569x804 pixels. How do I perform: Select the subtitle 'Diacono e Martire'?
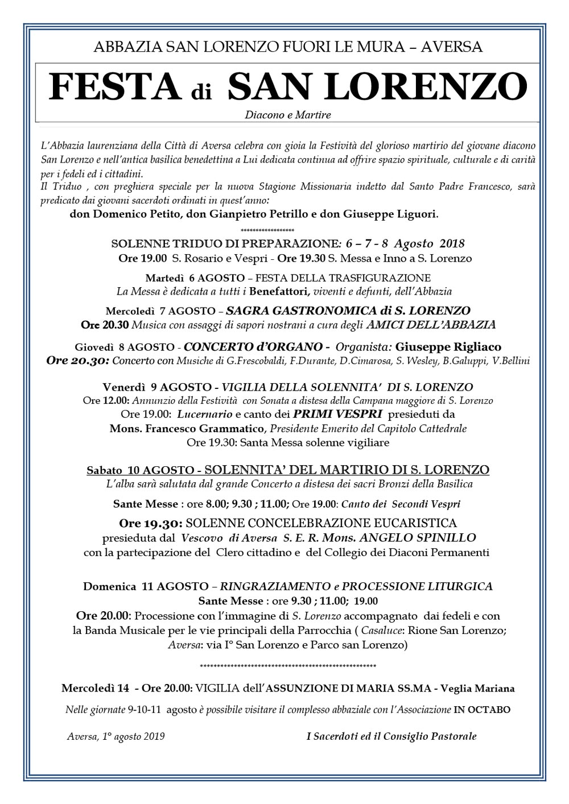[x=288, y=115]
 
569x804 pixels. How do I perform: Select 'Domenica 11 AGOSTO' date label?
[x=146, y=586]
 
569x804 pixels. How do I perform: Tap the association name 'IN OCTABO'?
[x=481, y=710]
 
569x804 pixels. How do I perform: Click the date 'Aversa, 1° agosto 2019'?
[x=116, y=737]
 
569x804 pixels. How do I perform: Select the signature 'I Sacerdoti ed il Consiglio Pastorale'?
[x=391, y=737]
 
